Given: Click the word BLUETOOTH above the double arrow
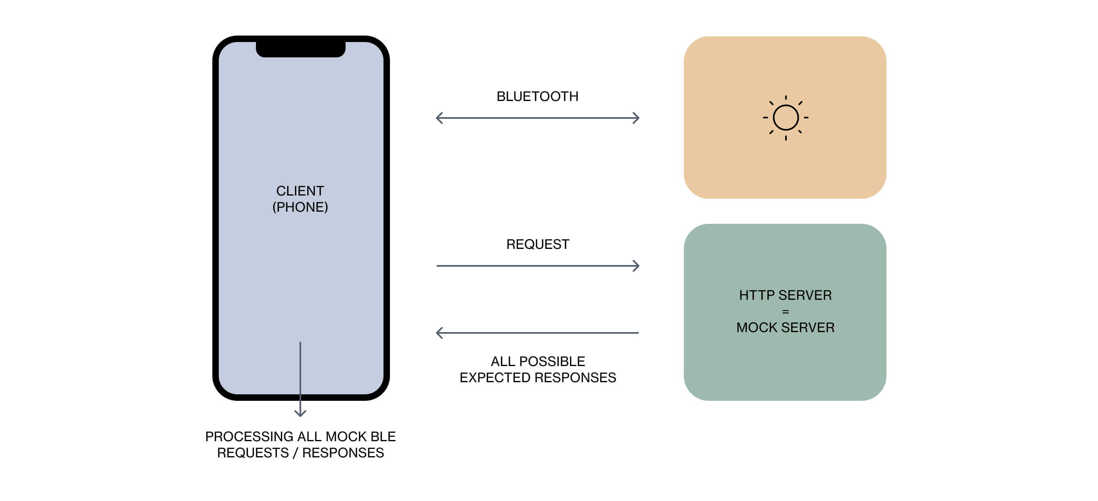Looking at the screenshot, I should tap(537, 97).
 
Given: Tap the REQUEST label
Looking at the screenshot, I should tap(537, 244).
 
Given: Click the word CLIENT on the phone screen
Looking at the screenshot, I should tap(300, 191).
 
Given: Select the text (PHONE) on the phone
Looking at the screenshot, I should tap(300, 207).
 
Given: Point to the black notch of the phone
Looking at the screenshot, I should tap(300, 48).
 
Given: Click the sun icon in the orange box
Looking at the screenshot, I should tap(785, 118).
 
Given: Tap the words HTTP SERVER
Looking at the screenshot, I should tap(785, 295).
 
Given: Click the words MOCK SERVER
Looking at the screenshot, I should tap(785, 328).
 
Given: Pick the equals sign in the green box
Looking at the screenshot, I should tap(785, 312).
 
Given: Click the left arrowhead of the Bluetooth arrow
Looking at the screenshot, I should tap(439, 118).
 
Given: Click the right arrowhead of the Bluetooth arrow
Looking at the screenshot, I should tap(636, 118).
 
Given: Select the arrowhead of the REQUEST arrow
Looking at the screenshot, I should tap(636, 266).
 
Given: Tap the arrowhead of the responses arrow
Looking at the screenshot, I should tap(439, 333).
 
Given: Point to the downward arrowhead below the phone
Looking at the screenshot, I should tap(300, 413).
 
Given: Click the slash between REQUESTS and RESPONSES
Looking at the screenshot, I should tap(295, 453).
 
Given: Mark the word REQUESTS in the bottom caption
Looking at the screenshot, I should tap(253, 453).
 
